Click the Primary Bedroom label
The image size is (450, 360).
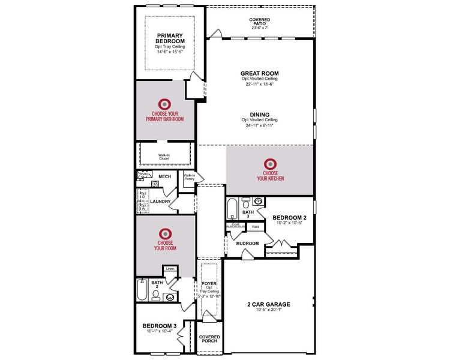(169, 38)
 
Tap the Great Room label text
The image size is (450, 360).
(260, 73)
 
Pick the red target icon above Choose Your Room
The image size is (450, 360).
(165, 233)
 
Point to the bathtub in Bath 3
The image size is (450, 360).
(232, 209)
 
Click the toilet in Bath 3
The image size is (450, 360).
(245, 202)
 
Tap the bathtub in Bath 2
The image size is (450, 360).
(142, 290)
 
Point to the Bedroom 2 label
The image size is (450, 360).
(289, 217)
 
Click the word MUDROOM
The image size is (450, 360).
(247, 243)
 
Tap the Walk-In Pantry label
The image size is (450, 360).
(190, 177)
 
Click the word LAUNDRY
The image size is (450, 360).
(161, 202)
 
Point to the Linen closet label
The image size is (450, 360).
(170, 269)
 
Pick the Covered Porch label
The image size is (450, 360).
(209, 339)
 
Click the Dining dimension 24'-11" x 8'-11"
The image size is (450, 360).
(260, 125)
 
